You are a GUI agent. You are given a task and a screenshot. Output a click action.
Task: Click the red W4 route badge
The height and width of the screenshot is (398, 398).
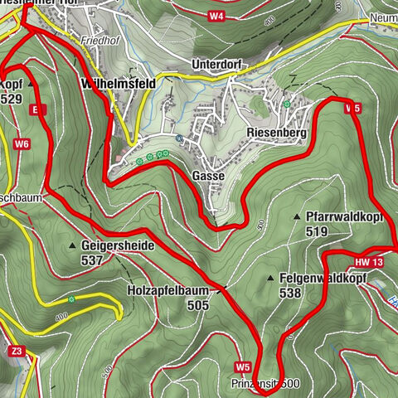[216, 16]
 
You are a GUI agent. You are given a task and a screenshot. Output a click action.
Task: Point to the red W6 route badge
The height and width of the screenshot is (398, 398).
[22, 144]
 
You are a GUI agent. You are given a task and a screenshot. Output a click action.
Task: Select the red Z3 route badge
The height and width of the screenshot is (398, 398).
[17, 352]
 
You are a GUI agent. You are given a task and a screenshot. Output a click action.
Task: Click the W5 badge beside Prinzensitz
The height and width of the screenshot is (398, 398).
[242, 366]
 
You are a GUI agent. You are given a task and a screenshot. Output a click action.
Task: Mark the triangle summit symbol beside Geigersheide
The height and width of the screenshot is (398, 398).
[73, 246]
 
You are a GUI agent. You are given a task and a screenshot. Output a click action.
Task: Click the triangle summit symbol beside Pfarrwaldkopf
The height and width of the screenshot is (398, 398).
[296, 217]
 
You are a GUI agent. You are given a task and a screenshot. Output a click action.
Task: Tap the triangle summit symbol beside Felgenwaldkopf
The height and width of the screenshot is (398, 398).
[272, 279]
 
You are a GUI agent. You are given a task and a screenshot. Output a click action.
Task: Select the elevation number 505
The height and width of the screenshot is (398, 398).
[198, 305]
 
